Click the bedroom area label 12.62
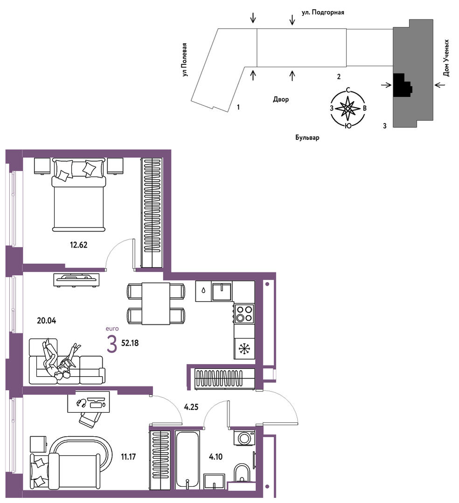79,245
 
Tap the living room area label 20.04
47,320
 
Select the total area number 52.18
130,343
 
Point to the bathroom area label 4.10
216,456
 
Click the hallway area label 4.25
191,407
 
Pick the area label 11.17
128,456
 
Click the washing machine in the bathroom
244,438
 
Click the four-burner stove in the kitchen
244,314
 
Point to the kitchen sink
222,291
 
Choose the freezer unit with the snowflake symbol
244,349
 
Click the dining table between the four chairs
156,303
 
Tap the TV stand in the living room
76,280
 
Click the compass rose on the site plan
348,109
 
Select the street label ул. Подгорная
323,13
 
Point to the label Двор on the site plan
281,99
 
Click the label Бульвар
307,138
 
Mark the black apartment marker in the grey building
402,85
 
